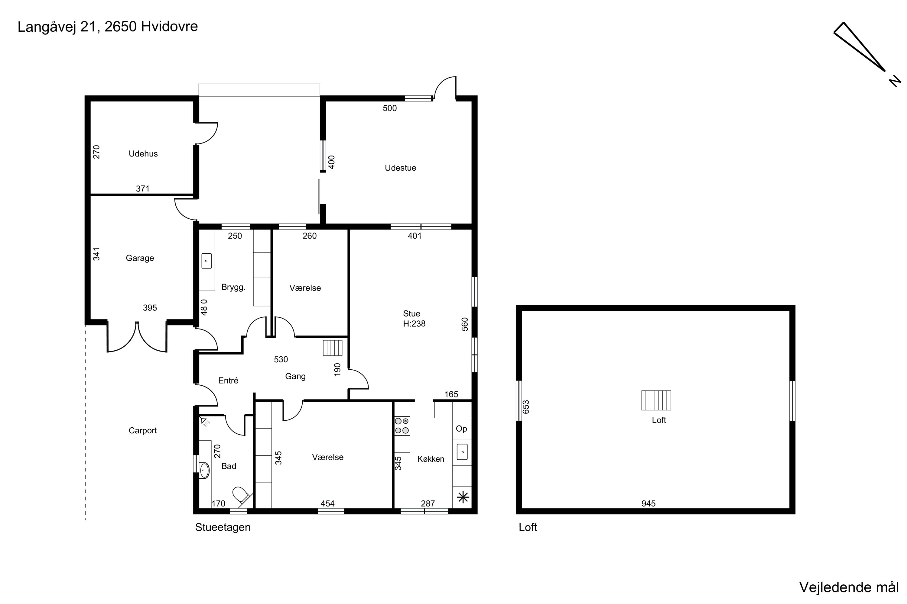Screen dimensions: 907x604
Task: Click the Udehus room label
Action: pyautogui.click(x=143, y=154)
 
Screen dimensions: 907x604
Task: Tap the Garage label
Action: pyautogui.click(x=140, y=258)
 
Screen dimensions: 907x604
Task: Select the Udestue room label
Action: pyautogui.click(x=400, y=168)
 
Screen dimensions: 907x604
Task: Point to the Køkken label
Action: pyautogui.click(x=431, y=459)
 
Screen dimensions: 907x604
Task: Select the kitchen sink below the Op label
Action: pyautogui.click(x=462, y=452)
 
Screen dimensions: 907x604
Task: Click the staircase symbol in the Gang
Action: pyautogui.click(x=332, y=348)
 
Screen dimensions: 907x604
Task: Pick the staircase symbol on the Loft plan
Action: pyautogui.click(x=656, y=400)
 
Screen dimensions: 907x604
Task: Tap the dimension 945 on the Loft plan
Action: pyautogui.click(x=648, y=503)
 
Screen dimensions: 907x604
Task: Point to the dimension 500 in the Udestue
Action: pyautogui.click(x=389, y=108)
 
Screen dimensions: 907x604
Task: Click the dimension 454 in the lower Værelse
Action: pyautogui.click(x=327, y=503)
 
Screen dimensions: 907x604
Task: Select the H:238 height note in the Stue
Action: pyautogui.click(x=414, y=323)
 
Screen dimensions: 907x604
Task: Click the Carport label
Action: pyautogui.click(x=143, y=431)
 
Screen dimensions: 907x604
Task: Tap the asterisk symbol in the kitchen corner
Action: pyautogui.click(x=463, y=498)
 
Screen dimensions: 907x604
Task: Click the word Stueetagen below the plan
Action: pyautogui.click(x=223, y=527)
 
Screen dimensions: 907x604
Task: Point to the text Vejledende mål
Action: pyautogui.click(x=849, y=587)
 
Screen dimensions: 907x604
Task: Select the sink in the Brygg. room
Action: pyautogui.click(x=206, y=261)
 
